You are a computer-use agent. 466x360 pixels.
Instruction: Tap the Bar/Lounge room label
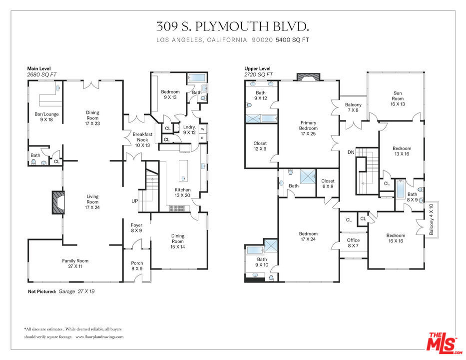point(46,116)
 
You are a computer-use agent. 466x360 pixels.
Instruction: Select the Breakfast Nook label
point(142,139)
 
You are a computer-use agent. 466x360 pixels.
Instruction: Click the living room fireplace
point(58,202)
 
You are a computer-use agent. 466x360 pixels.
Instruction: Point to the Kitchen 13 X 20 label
point(182,192)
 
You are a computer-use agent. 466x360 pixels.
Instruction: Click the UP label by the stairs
point(135,201)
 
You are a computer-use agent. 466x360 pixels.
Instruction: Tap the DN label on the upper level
point(351,152)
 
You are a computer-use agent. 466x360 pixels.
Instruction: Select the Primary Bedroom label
point(308,128)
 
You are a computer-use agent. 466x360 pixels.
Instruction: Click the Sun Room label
point(398,98)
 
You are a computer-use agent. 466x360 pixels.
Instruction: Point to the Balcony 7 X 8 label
point(353,107)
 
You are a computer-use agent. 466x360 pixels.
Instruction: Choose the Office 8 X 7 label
point(353,243)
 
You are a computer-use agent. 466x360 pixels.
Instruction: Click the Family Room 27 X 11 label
point(75,263)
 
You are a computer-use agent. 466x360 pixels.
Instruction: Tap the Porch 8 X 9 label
point(137,265)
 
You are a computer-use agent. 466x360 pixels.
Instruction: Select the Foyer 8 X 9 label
point(136,227)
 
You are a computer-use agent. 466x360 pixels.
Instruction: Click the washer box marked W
point(203,129)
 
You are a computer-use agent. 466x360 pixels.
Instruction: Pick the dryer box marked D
point(203,138)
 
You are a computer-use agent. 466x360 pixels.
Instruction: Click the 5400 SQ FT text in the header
point(293,40)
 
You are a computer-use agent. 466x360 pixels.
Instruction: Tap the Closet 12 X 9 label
point(260,146)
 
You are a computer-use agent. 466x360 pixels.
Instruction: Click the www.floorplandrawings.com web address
point(99,337)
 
